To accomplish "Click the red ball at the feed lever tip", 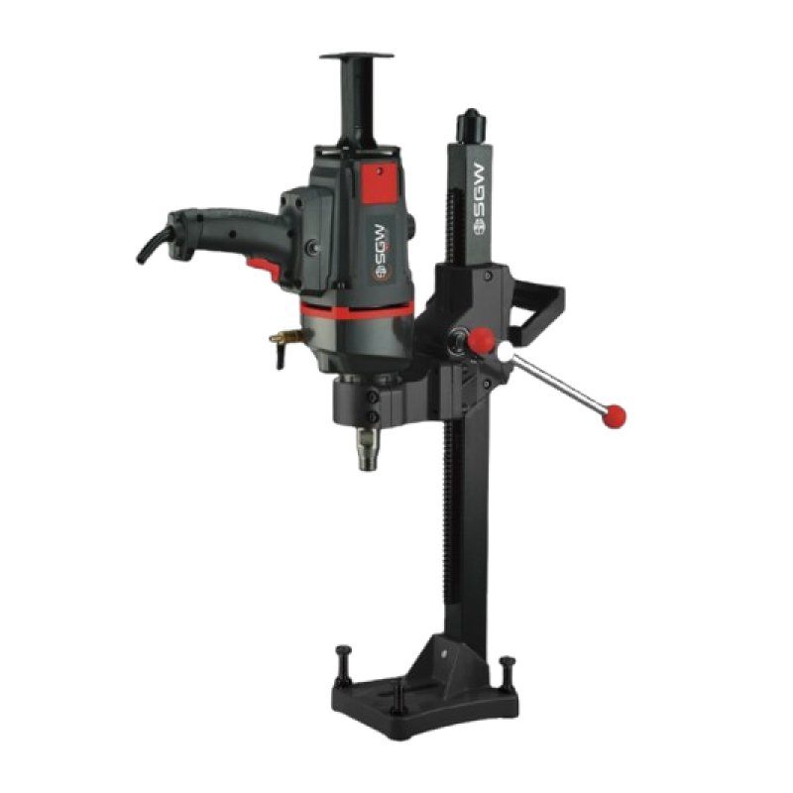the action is (x=615, y=416).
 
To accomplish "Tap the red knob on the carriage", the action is (x=480, y=341).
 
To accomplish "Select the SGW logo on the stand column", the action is (x=479, y=199).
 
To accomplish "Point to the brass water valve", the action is (x=284, y=343).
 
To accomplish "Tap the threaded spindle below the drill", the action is (x=367, y=449).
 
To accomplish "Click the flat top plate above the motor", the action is (x=357, y=56).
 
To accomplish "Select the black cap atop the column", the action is (x=471, y=126).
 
